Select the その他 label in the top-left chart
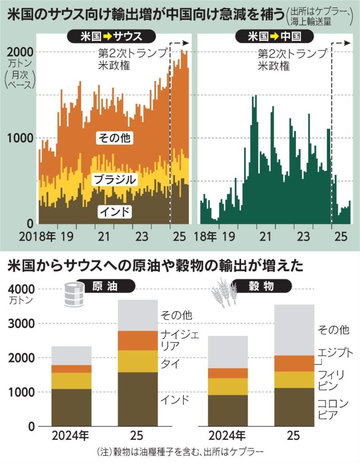(113, 138)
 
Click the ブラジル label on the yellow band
(114, 180)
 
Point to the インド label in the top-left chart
(114, 211)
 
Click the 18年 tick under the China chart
(201, 236)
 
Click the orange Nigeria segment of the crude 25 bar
(138, 340)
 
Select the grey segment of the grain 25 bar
(295, 330)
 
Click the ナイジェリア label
(177, 340)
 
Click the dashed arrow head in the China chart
(346, 43)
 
